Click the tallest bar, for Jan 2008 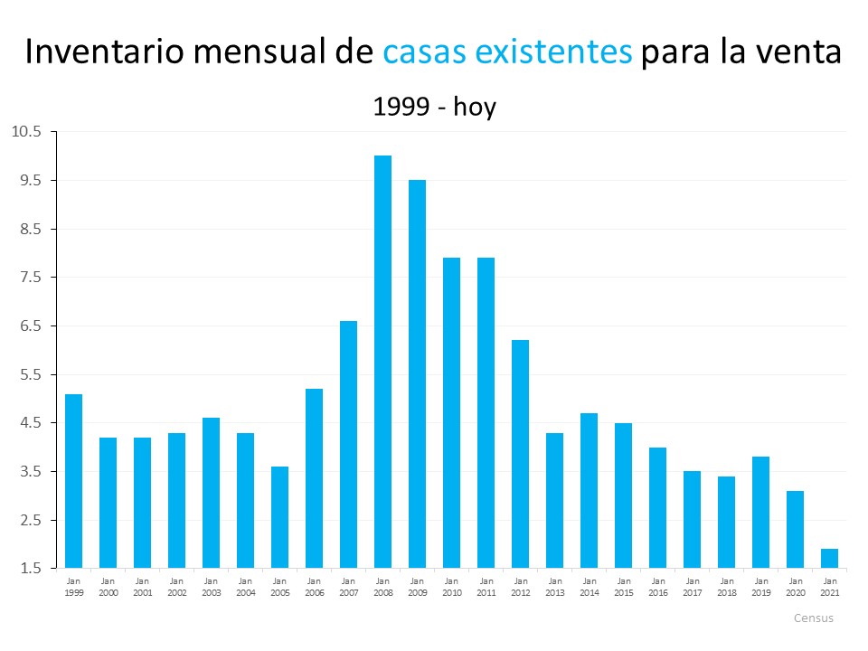point(382,362)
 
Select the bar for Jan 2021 point(829,559)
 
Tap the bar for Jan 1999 point(73,481)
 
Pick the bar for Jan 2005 point(279,517)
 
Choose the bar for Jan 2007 point(348,444)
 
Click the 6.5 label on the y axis point(29,325)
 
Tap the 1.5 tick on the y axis point(29,569)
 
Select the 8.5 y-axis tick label point(29,229)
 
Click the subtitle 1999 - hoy point(434,107)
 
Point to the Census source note point(813,618)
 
